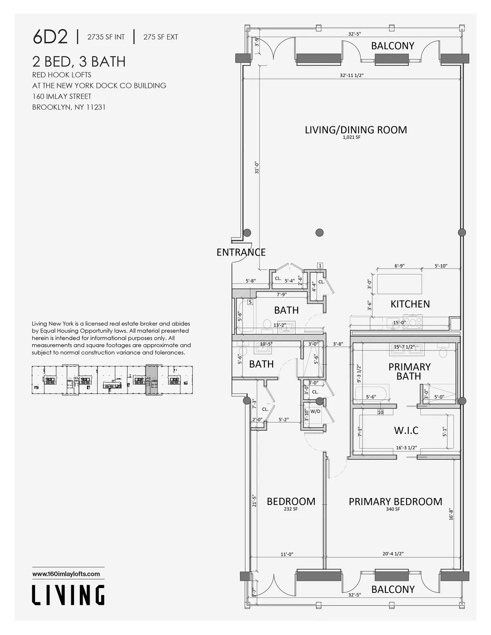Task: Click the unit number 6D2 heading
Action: tap(50, 37)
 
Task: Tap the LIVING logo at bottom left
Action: tap(68, 595)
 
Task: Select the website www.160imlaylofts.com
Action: tap(66, 574)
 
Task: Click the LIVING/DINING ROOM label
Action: tap(356, 130)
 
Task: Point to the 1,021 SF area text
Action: tap(351, 138)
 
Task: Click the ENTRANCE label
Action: tap(241, 252)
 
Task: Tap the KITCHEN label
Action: tap(410, 304)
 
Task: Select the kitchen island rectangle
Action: tap(400, 284)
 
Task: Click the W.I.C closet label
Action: tap(406, 430)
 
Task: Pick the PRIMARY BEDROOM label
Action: tap(395, 502)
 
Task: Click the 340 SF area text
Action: tap(393, 509)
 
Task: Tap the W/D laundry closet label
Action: tap(315, 411)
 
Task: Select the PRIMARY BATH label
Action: tap(409, 371)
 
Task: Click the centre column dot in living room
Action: tap(319, 233)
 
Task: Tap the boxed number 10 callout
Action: tap(380, 412)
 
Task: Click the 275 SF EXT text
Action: tap(160, 37)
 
